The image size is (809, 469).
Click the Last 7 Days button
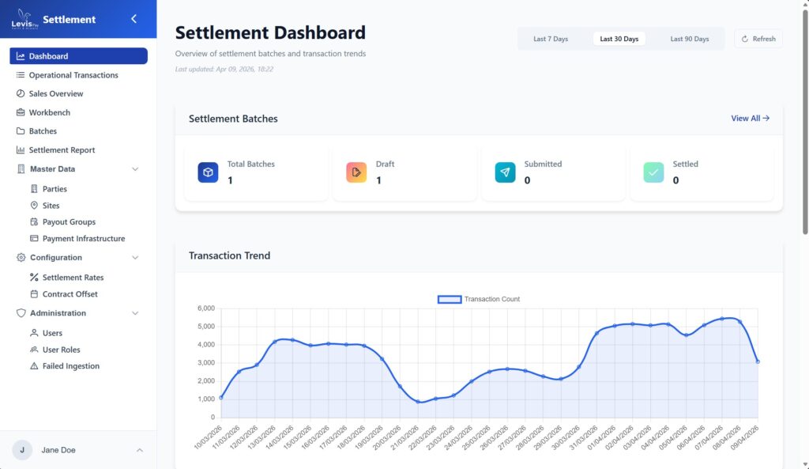tap(551, 39)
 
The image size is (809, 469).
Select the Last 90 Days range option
tap(689, 39)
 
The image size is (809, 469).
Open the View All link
tap(750, 119)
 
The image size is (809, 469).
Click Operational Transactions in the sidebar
tap(73, 75)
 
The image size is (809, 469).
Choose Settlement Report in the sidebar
tap(62, 150)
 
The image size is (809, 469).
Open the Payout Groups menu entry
tap(69, 222)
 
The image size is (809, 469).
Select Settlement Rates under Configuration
tap(73, 278)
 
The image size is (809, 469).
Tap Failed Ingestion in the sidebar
tap(70, 366)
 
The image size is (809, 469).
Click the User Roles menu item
tap(61, 350)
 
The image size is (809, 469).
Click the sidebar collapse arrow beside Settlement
tap(134, 19)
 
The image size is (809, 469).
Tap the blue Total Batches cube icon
tap(208, 172)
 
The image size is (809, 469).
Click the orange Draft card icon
tap(356, 172)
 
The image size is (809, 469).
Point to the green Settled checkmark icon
tap(653, 172)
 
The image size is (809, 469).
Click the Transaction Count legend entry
tap(479, 299)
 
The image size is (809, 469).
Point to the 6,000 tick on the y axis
tap(205, 308)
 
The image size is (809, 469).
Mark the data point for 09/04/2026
tap(758, 361)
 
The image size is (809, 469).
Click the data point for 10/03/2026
tap(221, 398)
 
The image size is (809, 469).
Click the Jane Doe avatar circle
tap(22, 450)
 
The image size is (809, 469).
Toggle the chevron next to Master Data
tap(135, 169)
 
